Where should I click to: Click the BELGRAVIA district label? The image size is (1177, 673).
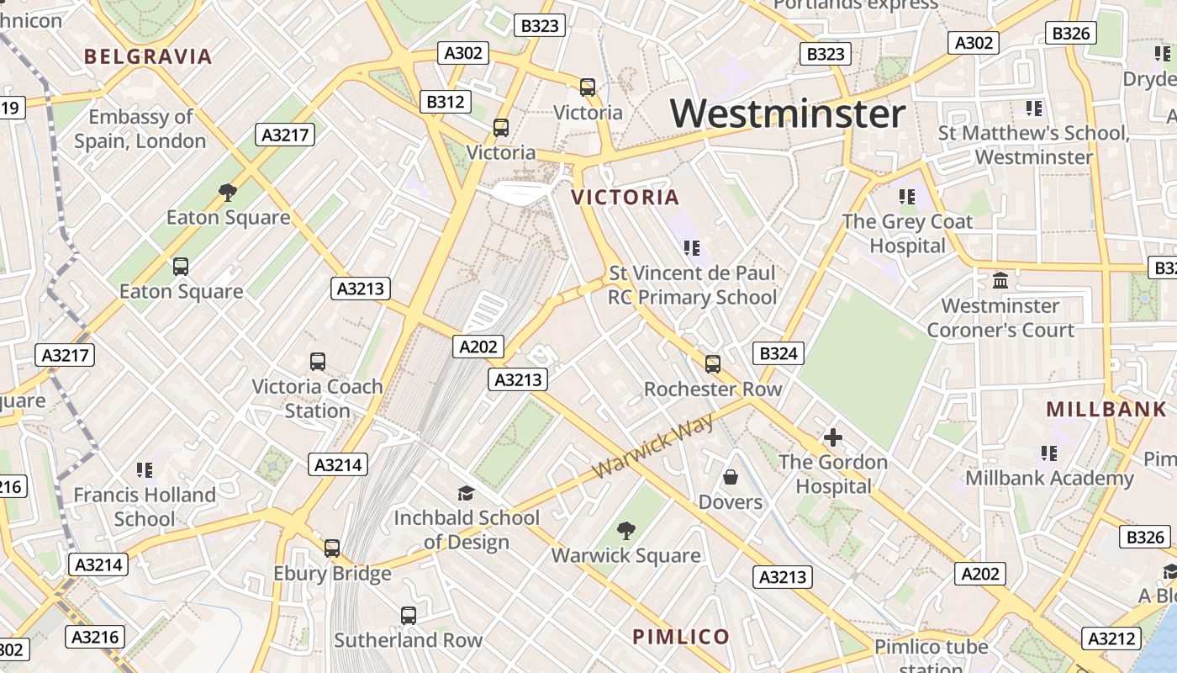148,57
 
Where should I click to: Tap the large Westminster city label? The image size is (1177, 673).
788,114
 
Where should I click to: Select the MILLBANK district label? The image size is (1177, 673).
1106,410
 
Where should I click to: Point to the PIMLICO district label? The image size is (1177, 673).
681,637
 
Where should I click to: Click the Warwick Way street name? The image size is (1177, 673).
653,447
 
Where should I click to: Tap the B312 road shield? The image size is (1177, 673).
445,102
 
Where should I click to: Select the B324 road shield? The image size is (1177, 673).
778,353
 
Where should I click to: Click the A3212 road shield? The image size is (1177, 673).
1111,639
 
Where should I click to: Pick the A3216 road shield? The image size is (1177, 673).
97,637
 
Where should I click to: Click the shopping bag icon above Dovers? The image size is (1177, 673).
731,477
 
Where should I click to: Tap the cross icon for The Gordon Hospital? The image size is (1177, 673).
832,437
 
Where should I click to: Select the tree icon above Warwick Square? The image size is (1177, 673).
625,531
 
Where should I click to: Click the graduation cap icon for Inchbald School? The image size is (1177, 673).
466,493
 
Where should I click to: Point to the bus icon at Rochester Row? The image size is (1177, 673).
712,364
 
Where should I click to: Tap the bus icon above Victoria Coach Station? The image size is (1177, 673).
317,362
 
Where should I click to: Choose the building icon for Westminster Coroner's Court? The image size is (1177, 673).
1000,281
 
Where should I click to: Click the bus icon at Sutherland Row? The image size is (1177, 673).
408,616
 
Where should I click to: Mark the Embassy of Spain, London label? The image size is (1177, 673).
140,129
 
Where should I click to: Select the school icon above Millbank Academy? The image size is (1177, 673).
1048,453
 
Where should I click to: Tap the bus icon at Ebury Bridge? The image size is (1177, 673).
332,548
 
